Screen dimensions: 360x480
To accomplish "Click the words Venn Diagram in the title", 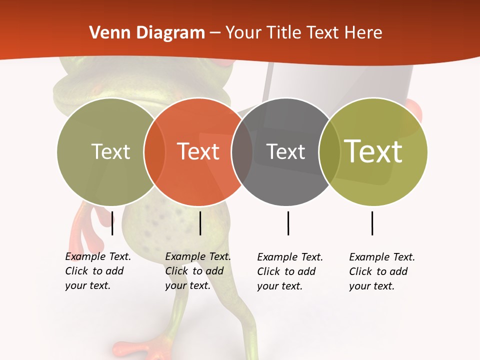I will click(147, 33).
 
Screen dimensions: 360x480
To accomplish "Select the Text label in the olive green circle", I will click(110, 151).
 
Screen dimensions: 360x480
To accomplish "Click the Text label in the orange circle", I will click(198, 151).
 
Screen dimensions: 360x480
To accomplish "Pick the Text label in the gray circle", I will click(285, 151).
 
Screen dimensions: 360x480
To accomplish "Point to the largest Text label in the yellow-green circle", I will click(373, 151).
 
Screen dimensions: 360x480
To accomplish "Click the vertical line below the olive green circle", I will click(112, 223).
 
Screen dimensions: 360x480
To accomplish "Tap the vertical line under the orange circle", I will click(200, 223).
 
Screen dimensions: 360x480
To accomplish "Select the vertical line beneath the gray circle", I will click(288, 223).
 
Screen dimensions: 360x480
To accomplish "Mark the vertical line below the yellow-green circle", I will click(372, 223).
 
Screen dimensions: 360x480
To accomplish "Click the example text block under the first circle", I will click(97, 271).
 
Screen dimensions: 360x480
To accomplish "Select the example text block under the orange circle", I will click(197, 271).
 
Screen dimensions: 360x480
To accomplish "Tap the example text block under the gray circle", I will click(290, 271).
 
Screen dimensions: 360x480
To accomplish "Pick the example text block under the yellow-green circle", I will click(382, 271).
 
